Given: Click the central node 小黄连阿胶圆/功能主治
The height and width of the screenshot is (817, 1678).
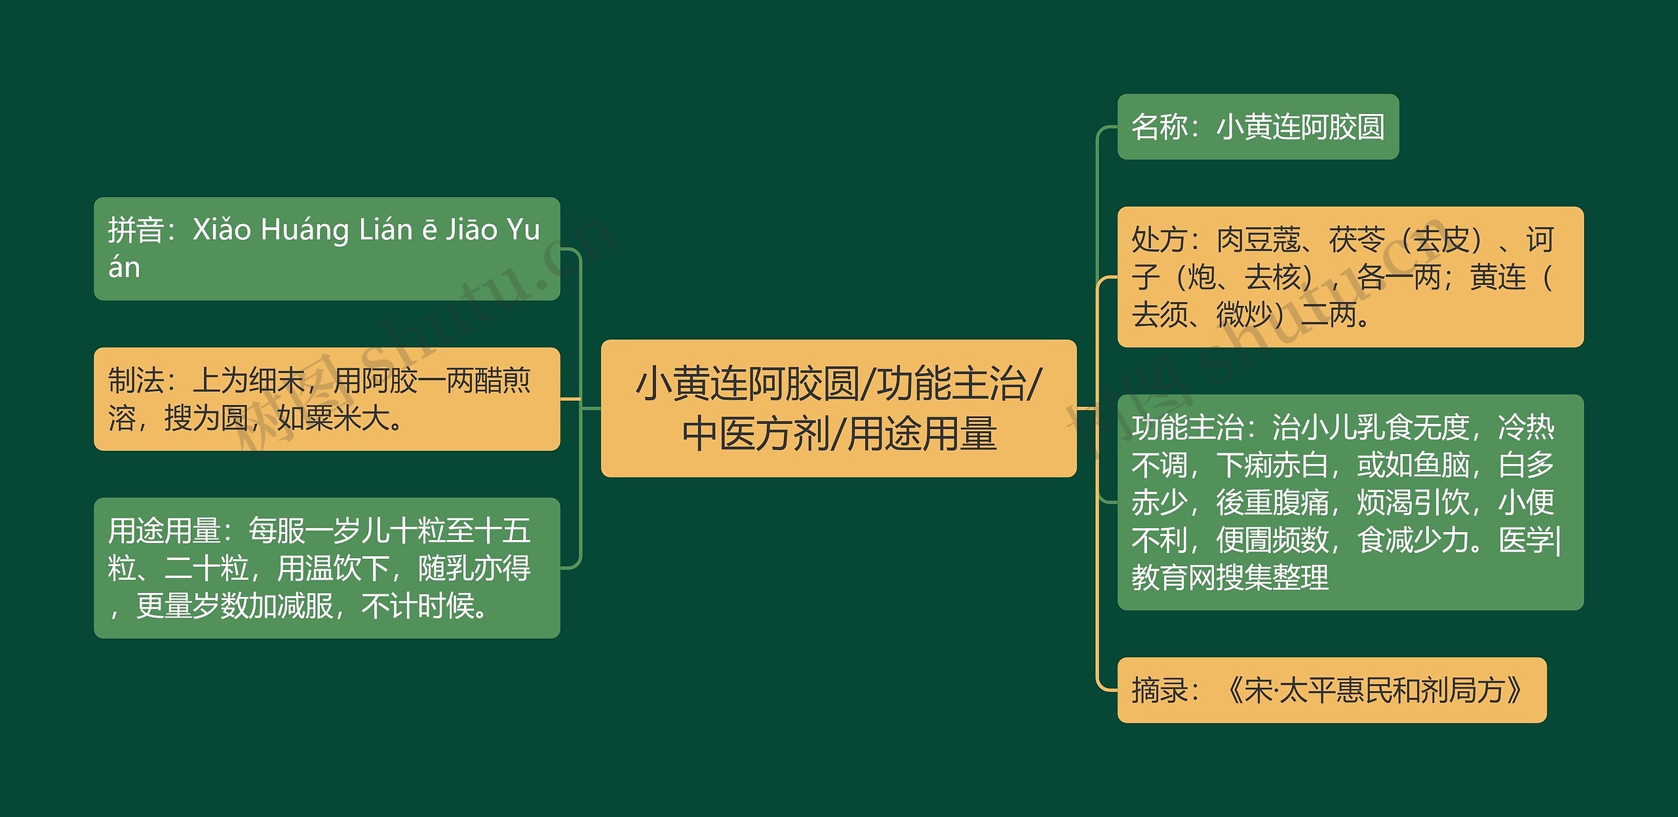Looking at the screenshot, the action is tap(838, 408).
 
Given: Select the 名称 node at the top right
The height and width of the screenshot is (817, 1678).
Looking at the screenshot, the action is tap(1257, 126).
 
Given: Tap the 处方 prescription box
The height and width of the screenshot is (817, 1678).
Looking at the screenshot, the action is tap(1350, 276).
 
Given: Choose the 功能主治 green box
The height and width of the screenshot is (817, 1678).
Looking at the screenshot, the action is tap(1350, 502).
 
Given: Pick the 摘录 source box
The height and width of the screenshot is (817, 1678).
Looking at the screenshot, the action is tap(1331, 690).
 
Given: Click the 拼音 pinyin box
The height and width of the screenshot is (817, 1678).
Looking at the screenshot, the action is tap(326, 248).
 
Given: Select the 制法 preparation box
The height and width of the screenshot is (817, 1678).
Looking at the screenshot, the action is tap(326, 398).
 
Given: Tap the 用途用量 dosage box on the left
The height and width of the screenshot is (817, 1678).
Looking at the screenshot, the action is tap(326, 567).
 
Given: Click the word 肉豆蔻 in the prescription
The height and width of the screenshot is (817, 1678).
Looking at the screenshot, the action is tap(1258, 240).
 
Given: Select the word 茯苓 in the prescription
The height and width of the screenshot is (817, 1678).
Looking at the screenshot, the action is tap(1357, 240).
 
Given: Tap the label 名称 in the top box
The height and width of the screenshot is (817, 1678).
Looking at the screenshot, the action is tap(1160, 126).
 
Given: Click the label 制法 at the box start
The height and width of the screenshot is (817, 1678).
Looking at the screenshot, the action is tap(136, 380).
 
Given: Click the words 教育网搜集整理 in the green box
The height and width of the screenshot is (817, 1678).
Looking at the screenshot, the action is tap(1230, 577).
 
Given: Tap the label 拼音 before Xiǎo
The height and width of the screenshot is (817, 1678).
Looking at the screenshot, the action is tap(136, 230).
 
